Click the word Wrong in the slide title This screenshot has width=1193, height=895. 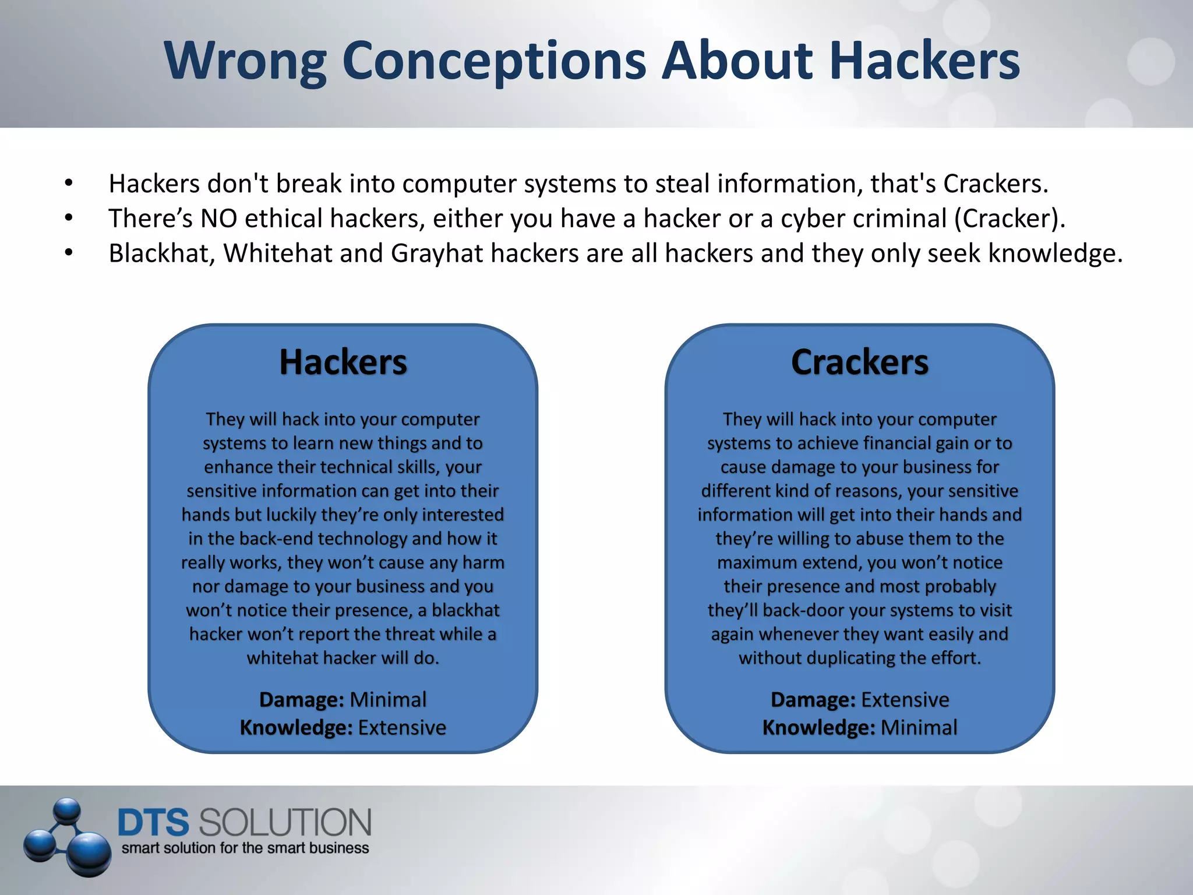(245, 61)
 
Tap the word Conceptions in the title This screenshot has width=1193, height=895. (494, 61)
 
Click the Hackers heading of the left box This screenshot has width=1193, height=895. (343, 362)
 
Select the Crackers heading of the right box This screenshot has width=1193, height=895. (859, 362)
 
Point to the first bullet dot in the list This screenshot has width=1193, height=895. (69, 184)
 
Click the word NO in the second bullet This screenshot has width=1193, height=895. (218, 219)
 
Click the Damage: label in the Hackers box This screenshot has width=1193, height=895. (302, 699)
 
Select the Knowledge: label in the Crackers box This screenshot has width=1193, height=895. (818, 728)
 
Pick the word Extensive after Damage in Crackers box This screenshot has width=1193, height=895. (905, 699)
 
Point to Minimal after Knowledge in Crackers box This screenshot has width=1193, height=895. (919, 728)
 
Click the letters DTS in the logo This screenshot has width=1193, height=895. (153, 822)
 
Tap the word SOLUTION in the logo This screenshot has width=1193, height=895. (285, 822)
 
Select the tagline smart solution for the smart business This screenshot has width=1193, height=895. (245, 848)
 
